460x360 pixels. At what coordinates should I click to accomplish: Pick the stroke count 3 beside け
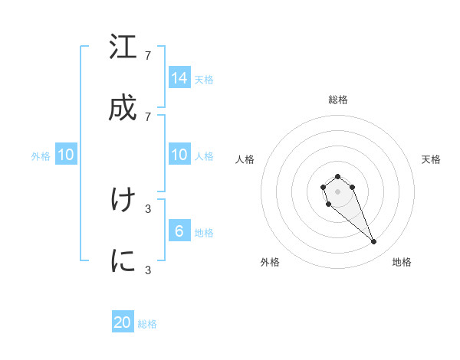tap(148, 208)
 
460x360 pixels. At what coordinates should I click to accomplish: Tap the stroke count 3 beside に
tap(148, 270)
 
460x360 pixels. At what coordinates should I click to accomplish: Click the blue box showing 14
tap(179, 77)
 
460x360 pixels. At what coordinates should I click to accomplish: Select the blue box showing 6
tap(179, 231)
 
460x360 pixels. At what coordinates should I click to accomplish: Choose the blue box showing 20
tap(123, 322)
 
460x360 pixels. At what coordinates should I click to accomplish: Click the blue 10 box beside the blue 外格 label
tap(66, 155)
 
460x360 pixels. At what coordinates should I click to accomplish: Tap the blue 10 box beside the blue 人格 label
tap(179, 155)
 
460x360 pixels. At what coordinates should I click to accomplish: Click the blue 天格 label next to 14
tap(204, 79)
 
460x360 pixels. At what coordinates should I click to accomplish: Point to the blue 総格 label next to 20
tap(147, 324)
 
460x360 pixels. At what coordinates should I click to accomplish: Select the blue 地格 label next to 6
tap(204, 233)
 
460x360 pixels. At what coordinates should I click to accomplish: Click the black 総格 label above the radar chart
tap(337, 100)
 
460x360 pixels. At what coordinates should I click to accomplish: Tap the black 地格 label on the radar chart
tap(402, 262)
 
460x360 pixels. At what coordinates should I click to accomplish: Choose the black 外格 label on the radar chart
tap(270, 262)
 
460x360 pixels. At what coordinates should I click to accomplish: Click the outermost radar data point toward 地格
tap(374, 242)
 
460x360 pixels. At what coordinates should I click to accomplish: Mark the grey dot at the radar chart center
tap(337, 191)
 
